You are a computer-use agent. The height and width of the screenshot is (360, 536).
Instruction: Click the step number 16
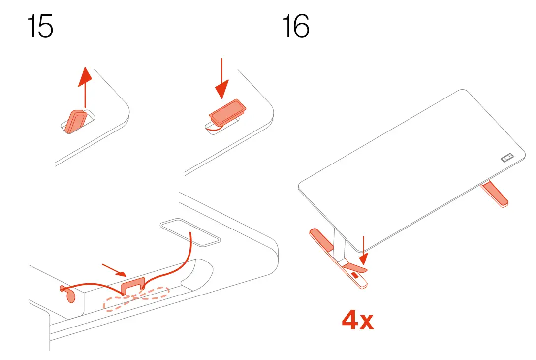click(295, 27)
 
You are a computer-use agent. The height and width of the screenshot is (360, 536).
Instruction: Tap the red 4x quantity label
click(358, 321)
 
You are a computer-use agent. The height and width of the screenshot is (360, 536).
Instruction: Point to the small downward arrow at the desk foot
click(363, 251)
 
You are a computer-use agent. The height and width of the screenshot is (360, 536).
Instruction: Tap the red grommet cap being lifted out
click(75, 121)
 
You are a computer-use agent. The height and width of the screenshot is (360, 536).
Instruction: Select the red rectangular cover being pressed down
click(227, 112)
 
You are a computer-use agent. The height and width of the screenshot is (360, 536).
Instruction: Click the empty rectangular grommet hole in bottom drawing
click(189, 232)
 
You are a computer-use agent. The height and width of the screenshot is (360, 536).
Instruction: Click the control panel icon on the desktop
click(506, 158)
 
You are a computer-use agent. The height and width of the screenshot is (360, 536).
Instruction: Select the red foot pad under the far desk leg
click(496, 194)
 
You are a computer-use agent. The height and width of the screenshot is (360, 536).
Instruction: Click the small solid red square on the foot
click(354, 276)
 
